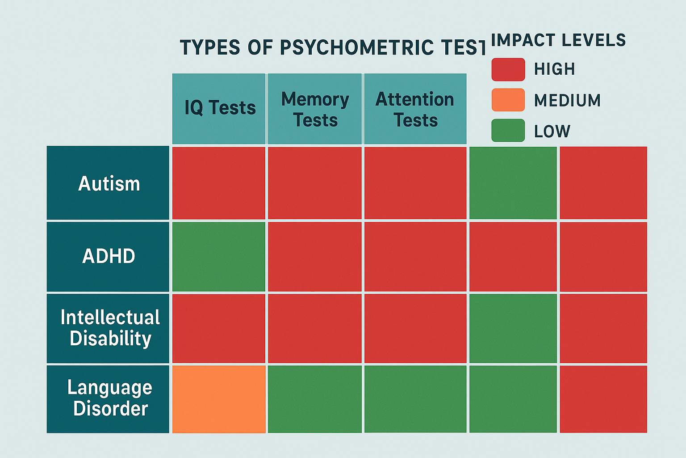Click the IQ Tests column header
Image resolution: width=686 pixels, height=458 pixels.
point(219,108)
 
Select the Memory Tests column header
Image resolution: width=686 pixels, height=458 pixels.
point(315,109)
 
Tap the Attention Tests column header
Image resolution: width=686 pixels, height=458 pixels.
point(415,109)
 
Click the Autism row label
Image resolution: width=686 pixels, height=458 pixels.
point(108,183)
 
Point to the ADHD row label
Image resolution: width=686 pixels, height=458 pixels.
point(108,256)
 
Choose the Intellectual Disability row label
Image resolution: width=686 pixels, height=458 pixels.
point(108,328)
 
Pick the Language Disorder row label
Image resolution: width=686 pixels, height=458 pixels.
point(108,399)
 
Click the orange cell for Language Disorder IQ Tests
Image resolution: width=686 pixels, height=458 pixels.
point(219,399)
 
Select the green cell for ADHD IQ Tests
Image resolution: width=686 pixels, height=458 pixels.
point(219,257)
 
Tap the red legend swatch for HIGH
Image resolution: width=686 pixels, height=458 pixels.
point(508,70)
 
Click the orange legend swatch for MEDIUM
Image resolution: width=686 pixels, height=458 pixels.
point(508,100)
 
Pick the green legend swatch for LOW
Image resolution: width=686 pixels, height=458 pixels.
point(508,131)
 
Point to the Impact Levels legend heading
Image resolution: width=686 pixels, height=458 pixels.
point(558,40)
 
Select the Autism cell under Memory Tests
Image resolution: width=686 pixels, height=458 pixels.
point(315,183)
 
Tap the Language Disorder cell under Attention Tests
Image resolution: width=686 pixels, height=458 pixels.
point(415,399)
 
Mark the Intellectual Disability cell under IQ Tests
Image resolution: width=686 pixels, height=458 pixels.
point(219,328)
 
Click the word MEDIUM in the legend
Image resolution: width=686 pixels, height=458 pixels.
point(567,101)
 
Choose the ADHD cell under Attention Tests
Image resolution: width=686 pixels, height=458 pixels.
point(415,257)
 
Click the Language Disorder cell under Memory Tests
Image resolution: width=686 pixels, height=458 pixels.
point(315,399)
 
